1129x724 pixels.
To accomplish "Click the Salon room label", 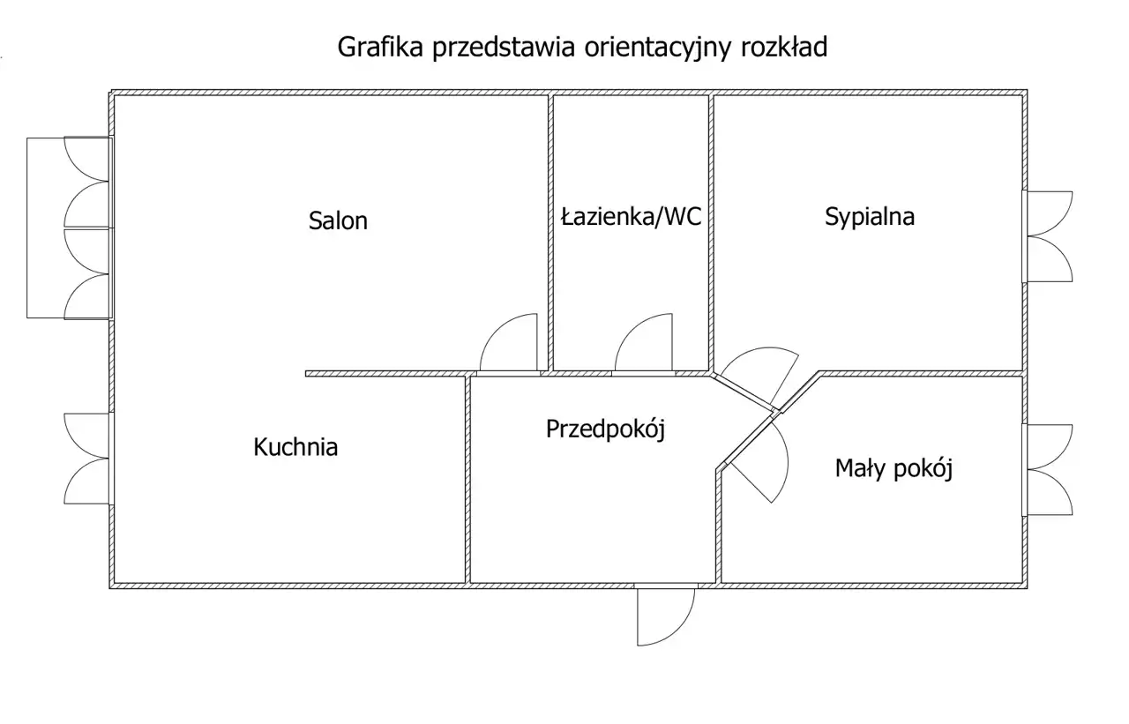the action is point(338,220).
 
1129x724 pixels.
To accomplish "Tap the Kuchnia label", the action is point(295,447).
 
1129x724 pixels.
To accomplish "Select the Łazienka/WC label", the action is point(631,217).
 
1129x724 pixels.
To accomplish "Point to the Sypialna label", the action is point(870,217).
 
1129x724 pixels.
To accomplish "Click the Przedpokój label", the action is point(605,429).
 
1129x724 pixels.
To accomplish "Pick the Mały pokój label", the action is point(893,468).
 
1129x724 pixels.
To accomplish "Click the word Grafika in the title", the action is point(380,47).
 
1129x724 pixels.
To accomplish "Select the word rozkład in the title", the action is point(784,47).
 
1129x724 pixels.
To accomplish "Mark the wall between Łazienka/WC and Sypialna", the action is point(711,233).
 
